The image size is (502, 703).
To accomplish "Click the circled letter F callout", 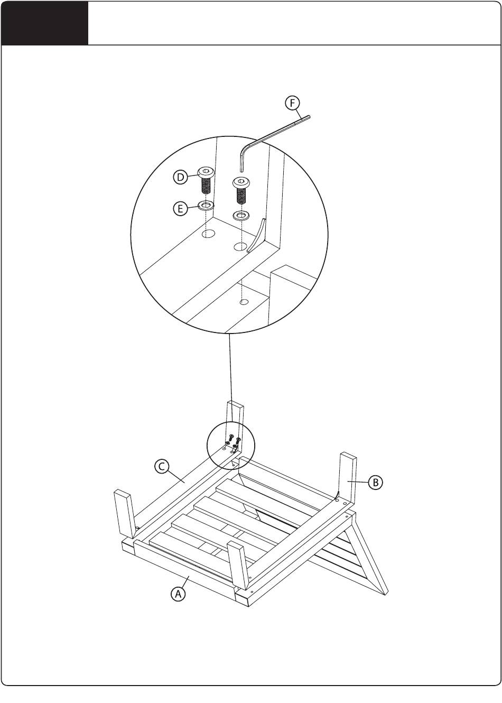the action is [292, 103].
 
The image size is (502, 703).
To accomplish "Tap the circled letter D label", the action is [180, 177].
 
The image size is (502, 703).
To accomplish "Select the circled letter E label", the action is [180, 209].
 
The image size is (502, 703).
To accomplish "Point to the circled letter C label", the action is [162, 466].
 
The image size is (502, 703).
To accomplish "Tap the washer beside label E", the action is [206, 206].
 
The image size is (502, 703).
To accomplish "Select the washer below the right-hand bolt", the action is [241, 216].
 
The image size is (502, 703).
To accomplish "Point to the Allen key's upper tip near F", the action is [308, 117].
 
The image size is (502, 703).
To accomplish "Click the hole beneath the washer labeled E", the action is [208, 234].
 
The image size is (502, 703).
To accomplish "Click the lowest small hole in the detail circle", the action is [244, 302].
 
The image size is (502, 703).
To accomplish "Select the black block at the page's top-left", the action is [44, 23].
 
